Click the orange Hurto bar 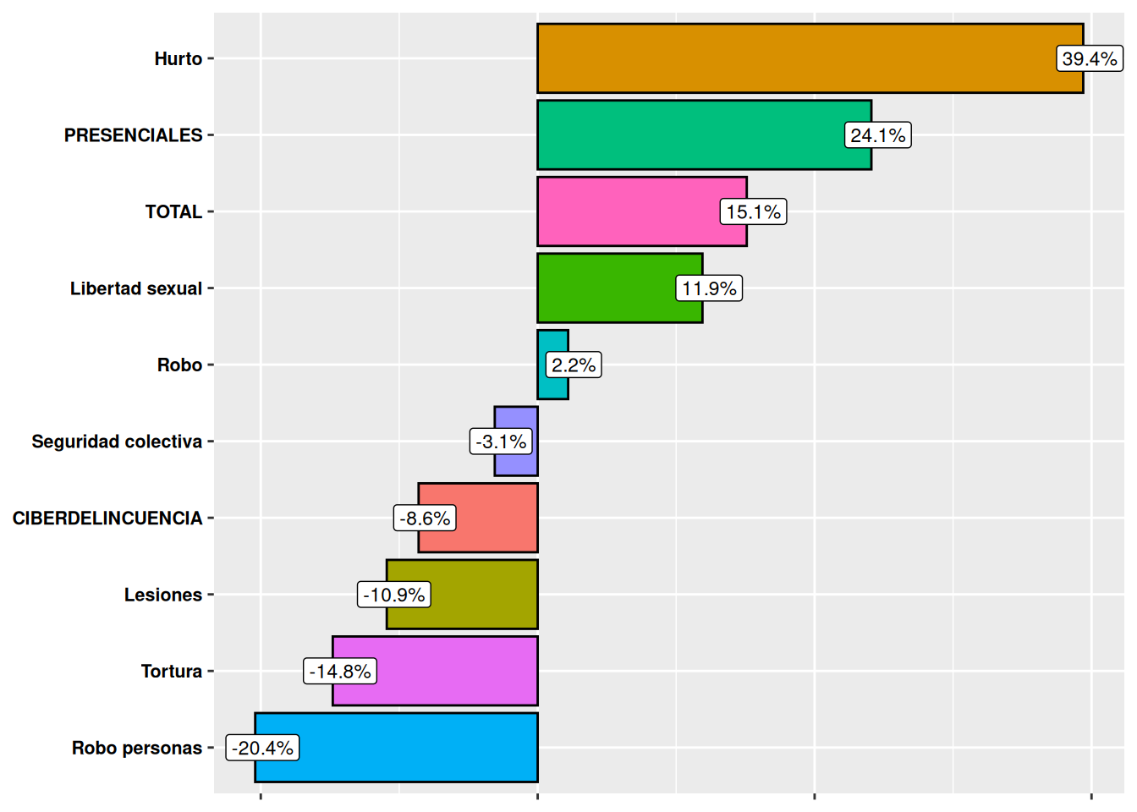tap(795, 58)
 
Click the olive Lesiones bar tap(482, 595)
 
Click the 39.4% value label tap(1090, 58)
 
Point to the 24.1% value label tap(878, 135)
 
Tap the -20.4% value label tap(262, 748)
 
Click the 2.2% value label tap(574, 365)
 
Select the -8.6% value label tap(425, 518)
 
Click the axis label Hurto tap(178, 58)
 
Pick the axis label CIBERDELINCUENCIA tap(107, 518)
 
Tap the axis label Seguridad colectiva tap(117, 442)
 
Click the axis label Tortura tap(171, 671)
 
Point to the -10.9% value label tap(394, 595)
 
